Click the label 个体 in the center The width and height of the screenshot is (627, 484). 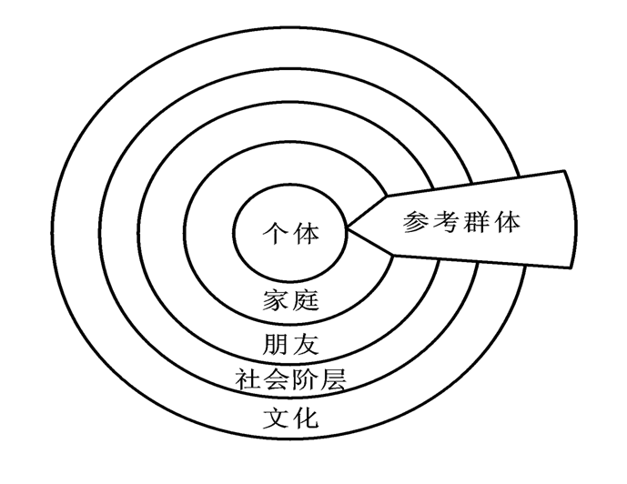click(x=290, y=233)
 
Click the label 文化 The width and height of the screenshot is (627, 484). click(x=290, y=419)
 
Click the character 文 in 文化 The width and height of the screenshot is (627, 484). click(x=276, y=419)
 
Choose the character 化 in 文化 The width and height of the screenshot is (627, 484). click(x=306, y=419)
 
